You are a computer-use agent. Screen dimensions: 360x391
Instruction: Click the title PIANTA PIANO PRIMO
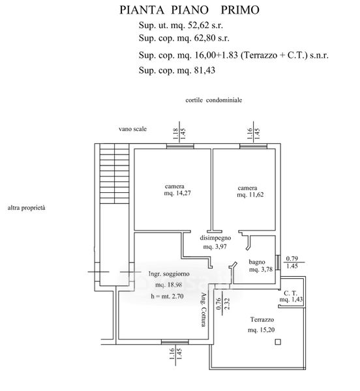pos(189,10)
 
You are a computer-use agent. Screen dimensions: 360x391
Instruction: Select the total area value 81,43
pos(205,70)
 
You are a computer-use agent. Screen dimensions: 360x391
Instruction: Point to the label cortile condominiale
pos(213,100)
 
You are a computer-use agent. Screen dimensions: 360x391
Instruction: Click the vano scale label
pos(133,129)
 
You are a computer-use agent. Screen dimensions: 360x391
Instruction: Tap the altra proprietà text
pos(27,208)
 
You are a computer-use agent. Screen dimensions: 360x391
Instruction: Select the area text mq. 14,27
pos(177,193)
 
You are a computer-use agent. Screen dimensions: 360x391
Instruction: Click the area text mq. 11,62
pos(250,194)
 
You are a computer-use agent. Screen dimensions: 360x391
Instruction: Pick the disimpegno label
pos(215,238)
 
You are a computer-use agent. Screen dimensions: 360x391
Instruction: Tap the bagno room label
pos(257,262)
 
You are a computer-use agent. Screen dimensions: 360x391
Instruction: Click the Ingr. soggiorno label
pos(169,274)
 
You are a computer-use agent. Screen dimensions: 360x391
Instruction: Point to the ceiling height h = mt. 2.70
pos(167,297)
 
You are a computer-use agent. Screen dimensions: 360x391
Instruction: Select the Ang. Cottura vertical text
pos(204,310)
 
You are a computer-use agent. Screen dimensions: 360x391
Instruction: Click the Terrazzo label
pos(262,319)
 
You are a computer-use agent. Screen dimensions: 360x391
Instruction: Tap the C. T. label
pos(290,293)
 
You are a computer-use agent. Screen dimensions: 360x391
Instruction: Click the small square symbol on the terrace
pos(278,342)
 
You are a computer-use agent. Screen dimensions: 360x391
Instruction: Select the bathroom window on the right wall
pos(278,263)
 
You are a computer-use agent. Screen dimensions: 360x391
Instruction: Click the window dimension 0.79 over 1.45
pos(292,263)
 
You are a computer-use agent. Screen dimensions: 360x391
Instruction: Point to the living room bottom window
pos(175,342)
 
